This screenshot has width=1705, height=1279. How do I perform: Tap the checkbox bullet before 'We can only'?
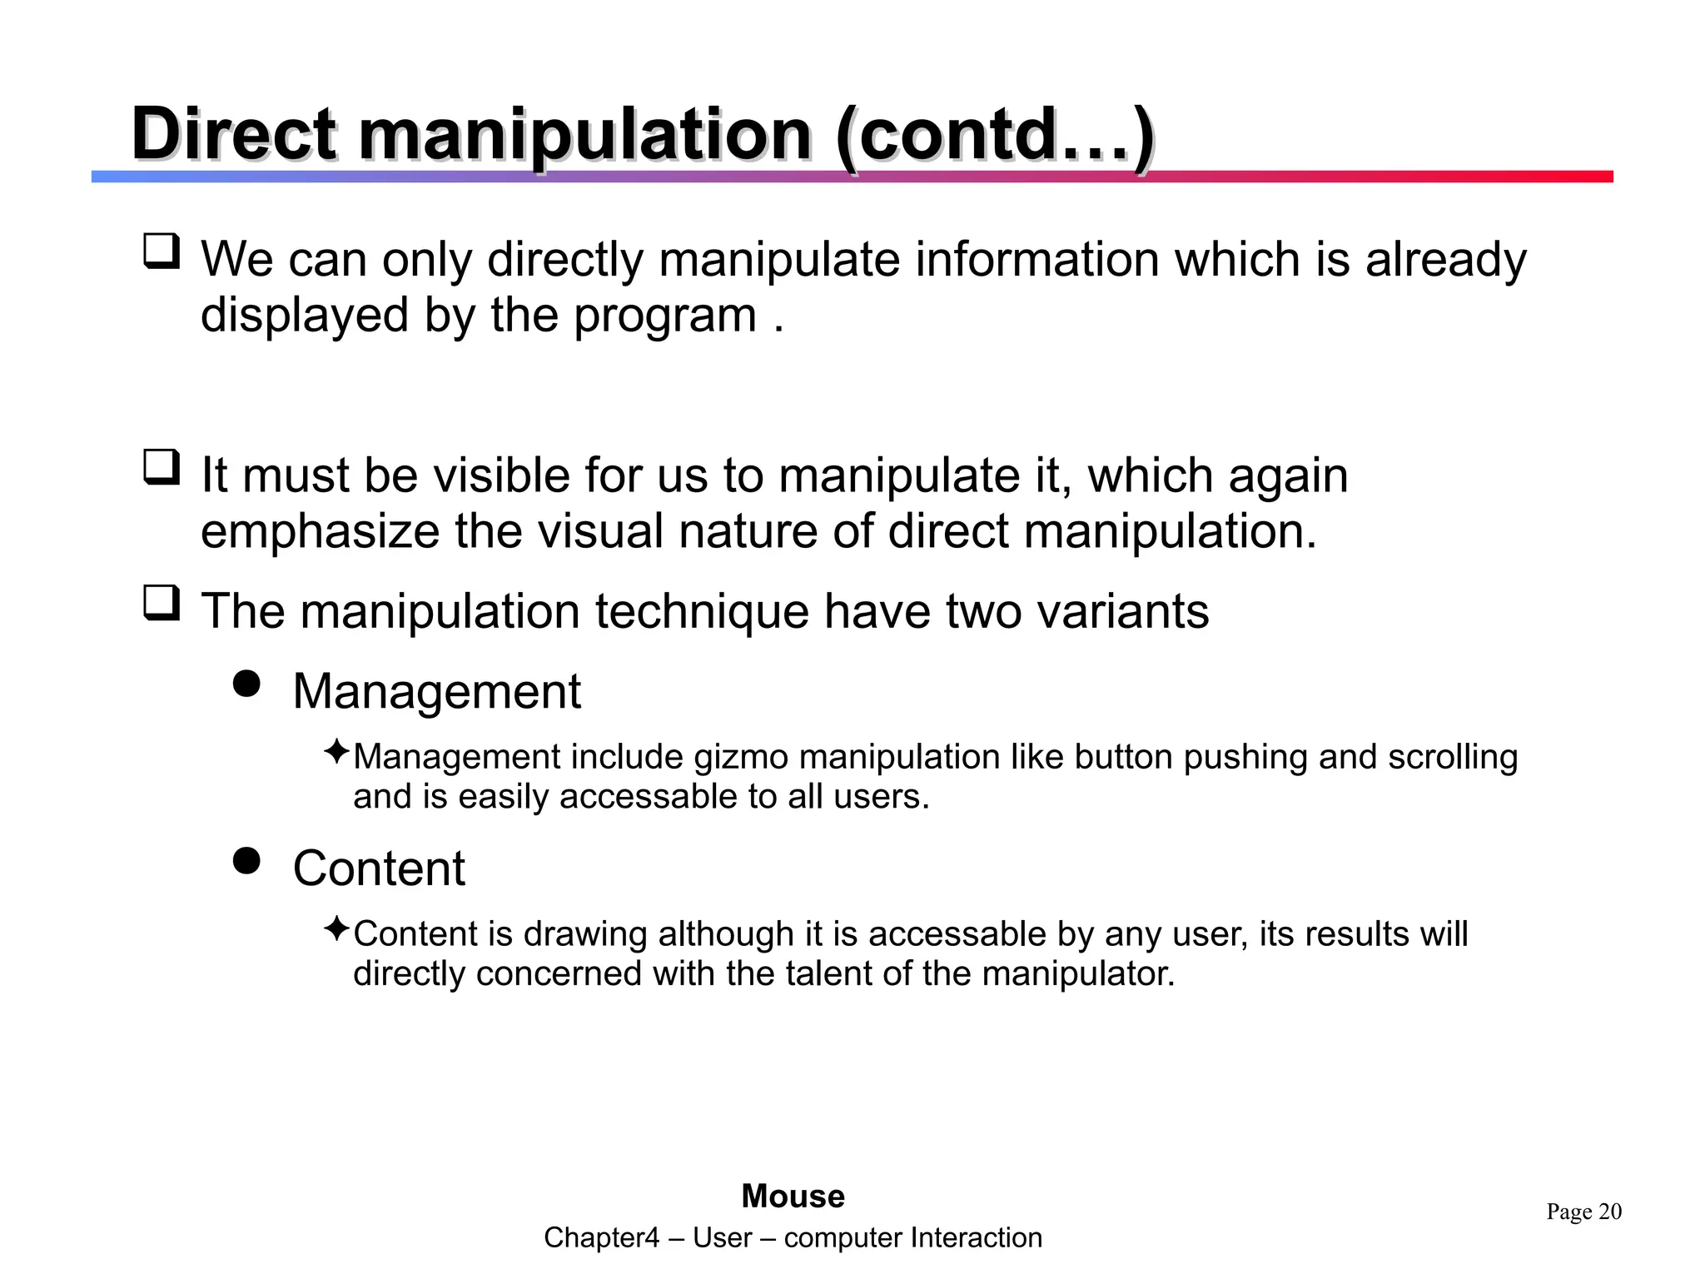pos(162,251)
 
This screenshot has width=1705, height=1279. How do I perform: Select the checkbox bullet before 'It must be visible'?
pos(162,467)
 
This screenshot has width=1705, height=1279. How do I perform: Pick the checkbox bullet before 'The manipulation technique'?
pos(162,603)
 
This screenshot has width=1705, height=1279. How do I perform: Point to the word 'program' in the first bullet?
pos(664,316)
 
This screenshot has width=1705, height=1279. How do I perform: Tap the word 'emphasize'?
pos(320,531)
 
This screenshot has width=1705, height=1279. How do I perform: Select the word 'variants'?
pos(1115,611)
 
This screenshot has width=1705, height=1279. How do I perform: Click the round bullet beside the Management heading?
pos(246,684)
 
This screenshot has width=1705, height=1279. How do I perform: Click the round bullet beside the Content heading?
pos(246,860)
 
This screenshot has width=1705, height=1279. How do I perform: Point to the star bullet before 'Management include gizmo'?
pos(336,752)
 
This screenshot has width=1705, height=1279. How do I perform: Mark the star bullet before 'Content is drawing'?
pos(336,928)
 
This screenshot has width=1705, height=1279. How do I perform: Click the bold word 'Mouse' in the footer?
pos(793,1197)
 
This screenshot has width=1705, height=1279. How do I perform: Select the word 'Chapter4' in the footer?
pos(600,1238)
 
